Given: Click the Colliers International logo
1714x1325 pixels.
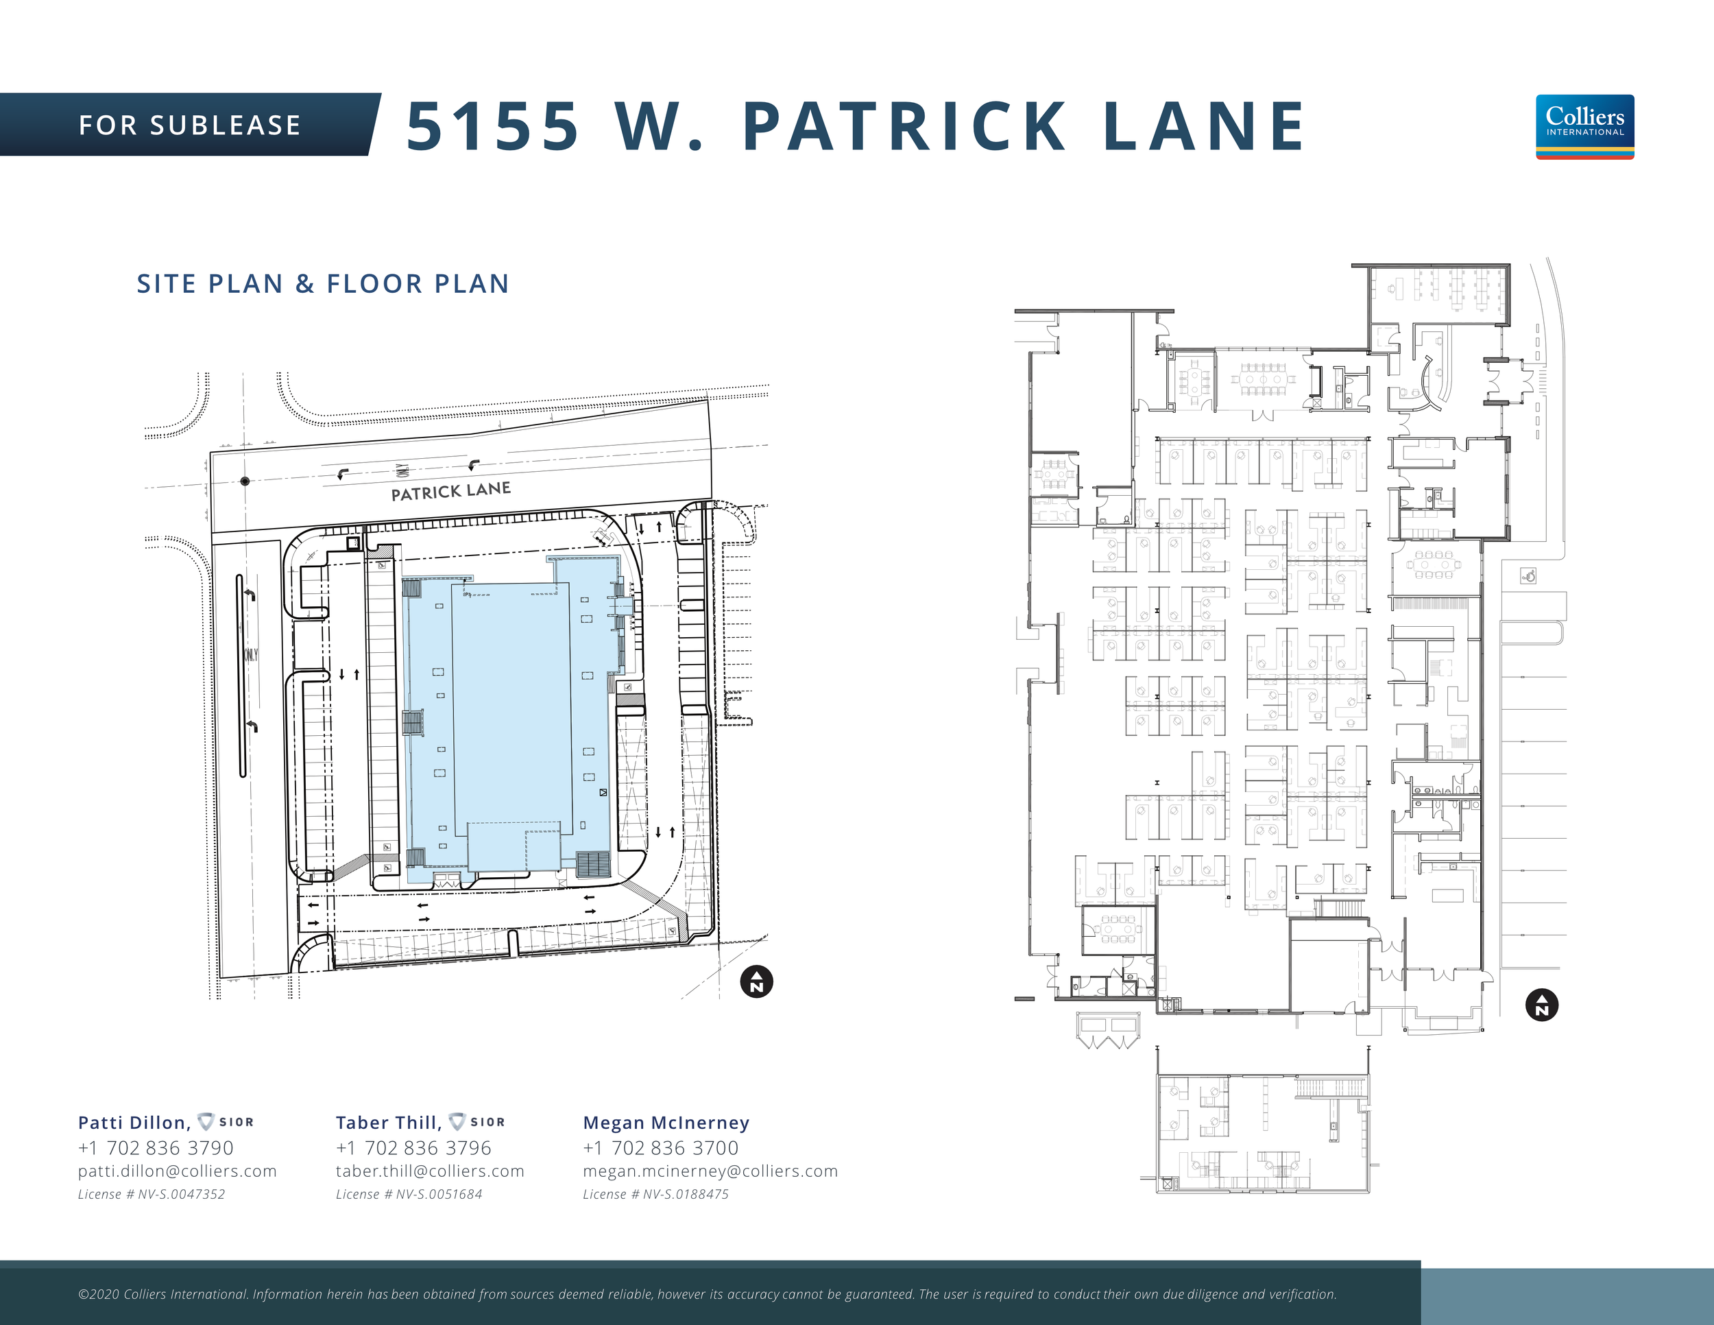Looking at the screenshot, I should click(1584, 126).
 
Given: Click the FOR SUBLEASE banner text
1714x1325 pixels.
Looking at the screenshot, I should click(190, 126).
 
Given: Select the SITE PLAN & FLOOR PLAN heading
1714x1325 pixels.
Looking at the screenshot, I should click(322, 283).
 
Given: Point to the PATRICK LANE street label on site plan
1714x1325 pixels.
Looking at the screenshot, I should click(450, 491).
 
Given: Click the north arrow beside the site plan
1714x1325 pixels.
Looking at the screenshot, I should click(756, 981).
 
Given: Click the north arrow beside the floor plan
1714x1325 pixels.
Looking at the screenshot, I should click(1541, 1005).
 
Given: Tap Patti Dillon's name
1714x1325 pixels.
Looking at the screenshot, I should click(134, 1123).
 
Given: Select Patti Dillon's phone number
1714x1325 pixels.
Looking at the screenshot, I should click(156, 1147).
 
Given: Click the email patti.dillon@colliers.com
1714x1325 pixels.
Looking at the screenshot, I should click(178, 1171).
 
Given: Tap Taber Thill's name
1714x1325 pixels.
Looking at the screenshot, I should click(387, 1123).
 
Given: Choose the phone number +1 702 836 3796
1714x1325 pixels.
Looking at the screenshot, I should click(413, 1147).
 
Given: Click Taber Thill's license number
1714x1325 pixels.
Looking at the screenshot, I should click(409, 1194).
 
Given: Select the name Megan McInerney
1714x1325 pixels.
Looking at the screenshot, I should click(666, 1123).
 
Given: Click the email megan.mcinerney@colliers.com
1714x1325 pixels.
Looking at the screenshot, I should click(710, 1171).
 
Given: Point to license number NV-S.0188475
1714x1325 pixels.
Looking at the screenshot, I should click(655, 1194).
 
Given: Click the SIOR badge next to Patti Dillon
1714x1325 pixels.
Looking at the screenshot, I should click(226, 1122).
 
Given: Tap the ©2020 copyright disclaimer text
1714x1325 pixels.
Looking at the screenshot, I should click(706, 1294).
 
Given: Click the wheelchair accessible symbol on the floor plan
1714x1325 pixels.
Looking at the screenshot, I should click(1528, 576).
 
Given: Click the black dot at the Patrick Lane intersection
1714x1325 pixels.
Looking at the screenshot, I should click(245, 480).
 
